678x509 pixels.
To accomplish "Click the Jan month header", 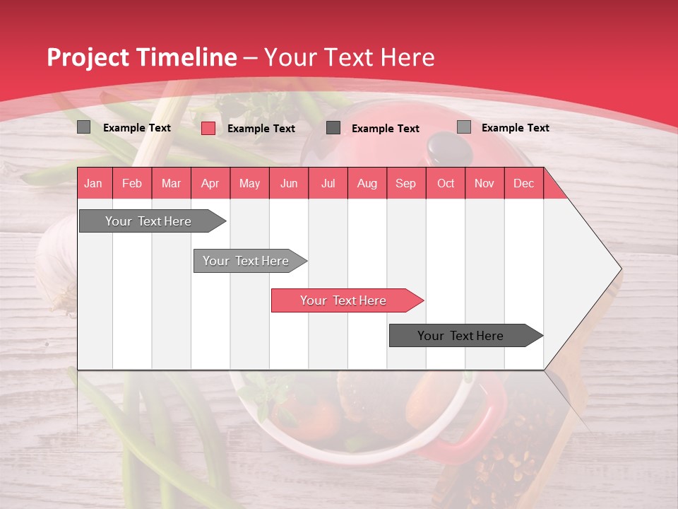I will pos(93,183).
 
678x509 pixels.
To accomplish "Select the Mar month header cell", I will pos(171,183).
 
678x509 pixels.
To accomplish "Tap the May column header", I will pos(249,183).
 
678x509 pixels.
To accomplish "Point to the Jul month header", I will pos(328,183).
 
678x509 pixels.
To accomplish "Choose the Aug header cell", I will pos(367,183).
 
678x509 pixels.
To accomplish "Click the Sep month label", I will pos(405,183).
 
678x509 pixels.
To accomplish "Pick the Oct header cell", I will pos(446,183).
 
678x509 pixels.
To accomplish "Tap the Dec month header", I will pos(523,183).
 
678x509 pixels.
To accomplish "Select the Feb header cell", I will pos(132,183).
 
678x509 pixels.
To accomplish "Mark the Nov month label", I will pos(484,183).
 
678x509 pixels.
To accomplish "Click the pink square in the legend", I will pos(208,128).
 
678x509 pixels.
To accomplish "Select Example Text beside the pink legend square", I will pos(261,129).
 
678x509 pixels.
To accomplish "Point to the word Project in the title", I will pos(88,57).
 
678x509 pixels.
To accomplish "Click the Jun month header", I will pos(289,183).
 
